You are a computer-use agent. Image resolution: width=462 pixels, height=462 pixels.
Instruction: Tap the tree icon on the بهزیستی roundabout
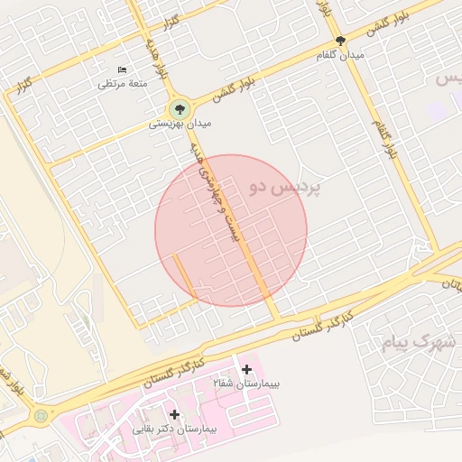(x=180, y=107)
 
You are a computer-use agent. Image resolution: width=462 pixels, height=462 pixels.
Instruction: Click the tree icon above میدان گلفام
(x=340, y=41)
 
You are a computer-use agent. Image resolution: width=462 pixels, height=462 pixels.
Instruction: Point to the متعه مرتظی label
(x=123, y=84)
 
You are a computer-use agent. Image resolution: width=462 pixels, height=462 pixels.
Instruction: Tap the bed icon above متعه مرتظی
(x=123, y=69)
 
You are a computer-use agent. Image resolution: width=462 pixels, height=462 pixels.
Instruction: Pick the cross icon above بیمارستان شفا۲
(x=247, y=369)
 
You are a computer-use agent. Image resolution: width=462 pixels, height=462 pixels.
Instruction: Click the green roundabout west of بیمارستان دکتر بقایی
(x=40, y=416)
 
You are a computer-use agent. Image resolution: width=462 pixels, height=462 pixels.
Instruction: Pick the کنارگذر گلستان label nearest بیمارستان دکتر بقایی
(x=177, y=370)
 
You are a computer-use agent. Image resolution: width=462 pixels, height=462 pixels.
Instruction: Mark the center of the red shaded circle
(x=231, y=230)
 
